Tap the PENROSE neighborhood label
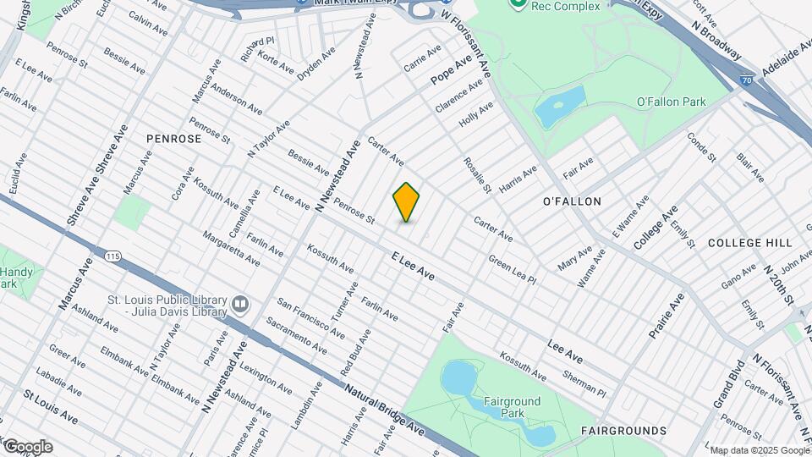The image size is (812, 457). tap(173, 138)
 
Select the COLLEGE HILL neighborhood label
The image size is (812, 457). tap(750, 243)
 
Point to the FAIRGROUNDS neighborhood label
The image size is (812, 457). tap(624, 431)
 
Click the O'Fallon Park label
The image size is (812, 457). tap(671, 102)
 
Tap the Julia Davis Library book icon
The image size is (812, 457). tap(241, 303)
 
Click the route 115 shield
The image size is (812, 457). tap(111, 255)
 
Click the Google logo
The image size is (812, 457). tap(27, 447)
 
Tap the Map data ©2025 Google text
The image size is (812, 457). tap(759, 450)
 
